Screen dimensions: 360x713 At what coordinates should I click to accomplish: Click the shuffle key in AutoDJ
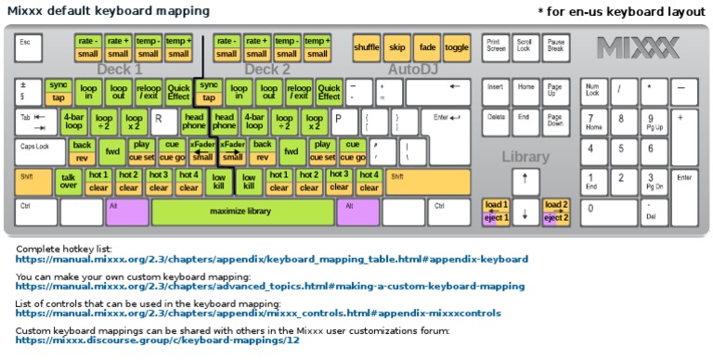(367, 47)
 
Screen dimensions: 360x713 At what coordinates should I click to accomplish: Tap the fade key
(427, 47)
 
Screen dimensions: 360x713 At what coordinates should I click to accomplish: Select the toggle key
(457, 47)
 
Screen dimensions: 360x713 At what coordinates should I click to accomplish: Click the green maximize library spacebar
(240, 212)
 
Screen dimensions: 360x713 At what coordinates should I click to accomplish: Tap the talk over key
(68, 181)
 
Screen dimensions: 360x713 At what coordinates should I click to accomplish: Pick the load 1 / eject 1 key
(496, 212)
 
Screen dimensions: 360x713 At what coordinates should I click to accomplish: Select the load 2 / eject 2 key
(556, 212)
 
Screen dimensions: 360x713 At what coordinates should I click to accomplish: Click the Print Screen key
(496, 46)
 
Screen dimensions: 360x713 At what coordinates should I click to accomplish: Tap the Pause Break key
(556, 46)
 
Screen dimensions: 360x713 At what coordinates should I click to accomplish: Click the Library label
(525, 157)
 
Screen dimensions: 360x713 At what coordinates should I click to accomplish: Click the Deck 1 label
(120, 70)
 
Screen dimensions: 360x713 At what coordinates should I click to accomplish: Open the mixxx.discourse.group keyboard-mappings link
(158, 341)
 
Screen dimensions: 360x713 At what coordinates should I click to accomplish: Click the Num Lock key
(593, 91)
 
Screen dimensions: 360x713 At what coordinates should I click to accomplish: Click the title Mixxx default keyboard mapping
(109, 11)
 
